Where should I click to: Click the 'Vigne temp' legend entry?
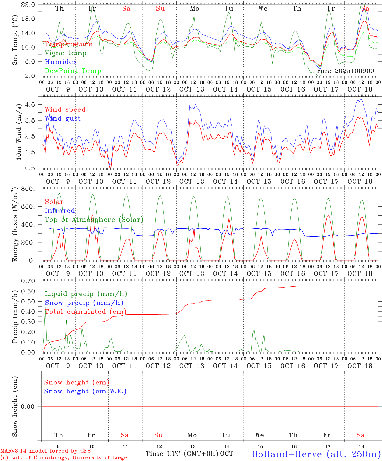[66, 53]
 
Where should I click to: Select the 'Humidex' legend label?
[61, 62]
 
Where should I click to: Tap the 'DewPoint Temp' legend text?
[73, 71]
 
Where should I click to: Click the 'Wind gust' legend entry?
[63, 118]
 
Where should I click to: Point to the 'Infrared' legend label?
[60, 211]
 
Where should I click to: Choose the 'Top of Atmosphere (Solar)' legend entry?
[94, 220]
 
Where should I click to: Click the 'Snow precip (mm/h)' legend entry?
[84, 303]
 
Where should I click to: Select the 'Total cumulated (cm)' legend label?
[85, 312]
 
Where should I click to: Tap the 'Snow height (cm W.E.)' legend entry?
[85, 391]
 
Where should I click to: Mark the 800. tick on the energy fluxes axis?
[28, 189]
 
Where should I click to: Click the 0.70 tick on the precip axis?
[29, 281]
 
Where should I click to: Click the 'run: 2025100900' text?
[345, 71]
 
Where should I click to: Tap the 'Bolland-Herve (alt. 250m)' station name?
[316, 454]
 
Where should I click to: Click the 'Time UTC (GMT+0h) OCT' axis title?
[189, 454]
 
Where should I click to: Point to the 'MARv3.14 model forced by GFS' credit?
[45, 451]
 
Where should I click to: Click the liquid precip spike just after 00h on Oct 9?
[45, 308]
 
